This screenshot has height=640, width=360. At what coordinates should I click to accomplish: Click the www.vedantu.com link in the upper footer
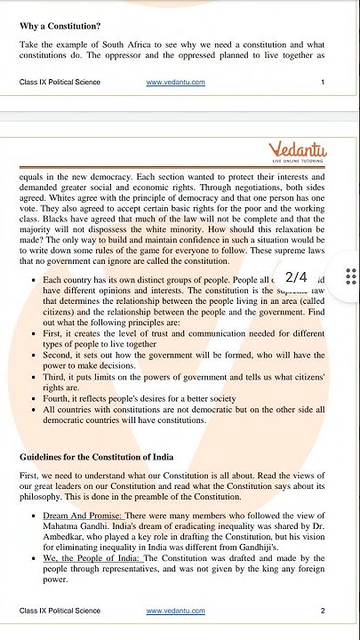[175, 83]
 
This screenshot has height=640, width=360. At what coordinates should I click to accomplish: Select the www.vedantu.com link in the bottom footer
[175, 611]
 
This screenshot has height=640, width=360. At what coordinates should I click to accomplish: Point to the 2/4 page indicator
[296, 277]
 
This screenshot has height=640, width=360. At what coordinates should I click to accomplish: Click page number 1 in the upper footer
[323, 83]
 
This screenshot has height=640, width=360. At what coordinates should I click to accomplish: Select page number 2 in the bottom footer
[323, 611]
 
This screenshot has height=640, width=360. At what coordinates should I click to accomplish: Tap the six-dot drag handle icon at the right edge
[351, 277]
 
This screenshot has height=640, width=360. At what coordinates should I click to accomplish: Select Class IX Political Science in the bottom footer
[60, 611]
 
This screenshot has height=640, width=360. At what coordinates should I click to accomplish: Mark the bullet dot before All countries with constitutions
[32, 411]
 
